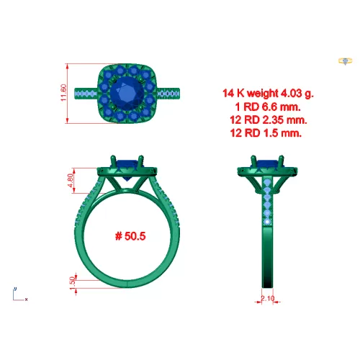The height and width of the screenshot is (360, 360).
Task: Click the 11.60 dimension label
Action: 63,93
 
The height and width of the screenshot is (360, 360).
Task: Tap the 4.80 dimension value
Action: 71,180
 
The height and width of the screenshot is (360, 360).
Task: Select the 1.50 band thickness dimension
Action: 72,284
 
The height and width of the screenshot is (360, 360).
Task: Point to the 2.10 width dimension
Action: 267,298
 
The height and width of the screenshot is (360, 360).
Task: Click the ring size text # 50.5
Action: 130,236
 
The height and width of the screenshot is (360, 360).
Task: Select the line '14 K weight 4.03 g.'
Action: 268,93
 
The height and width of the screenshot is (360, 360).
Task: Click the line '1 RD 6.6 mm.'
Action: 268,107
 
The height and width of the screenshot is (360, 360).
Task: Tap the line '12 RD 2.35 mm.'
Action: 269,120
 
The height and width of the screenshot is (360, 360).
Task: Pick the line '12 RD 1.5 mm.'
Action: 266,132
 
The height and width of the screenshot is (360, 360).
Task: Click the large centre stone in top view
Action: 127,94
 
